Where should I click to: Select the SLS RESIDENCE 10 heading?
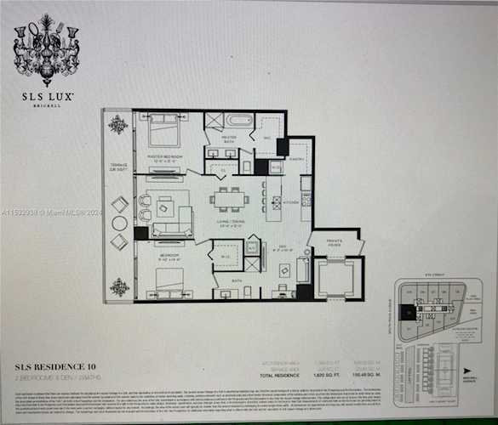click(58, 368)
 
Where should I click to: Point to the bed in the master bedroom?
click(164, 131)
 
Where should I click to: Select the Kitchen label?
click(291, 202)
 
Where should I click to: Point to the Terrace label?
click(117, 167)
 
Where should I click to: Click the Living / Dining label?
click(230, 225)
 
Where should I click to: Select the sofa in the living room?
click(173, 228)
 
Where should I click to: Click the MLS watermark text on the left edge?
click(51, 212)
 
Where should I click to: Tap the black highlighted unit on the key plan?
click(409, 313)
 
